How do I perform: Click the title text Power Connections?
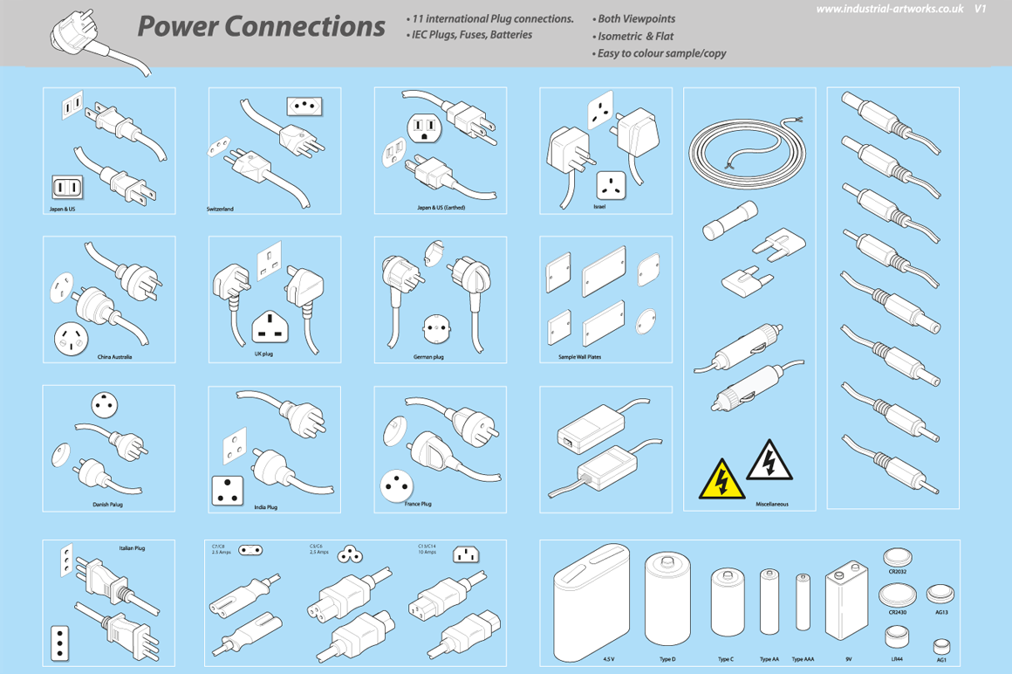coord(261,27)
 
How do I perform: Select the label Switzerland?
coord(220,210)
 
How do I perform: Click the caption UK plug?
coord(263,354)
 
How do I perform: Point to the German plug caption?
coord(428,357)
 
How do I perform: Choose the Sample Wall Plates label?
coord(579,357)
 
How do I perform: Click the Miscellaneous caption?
coord(771,505)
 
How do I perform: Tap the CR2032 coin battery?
coord(898,556)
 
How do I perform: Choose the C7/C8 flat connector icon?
coord(251,550)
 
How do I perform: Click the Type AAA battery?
coord(803,602)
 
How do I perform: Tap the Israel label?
coord(598,207)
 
